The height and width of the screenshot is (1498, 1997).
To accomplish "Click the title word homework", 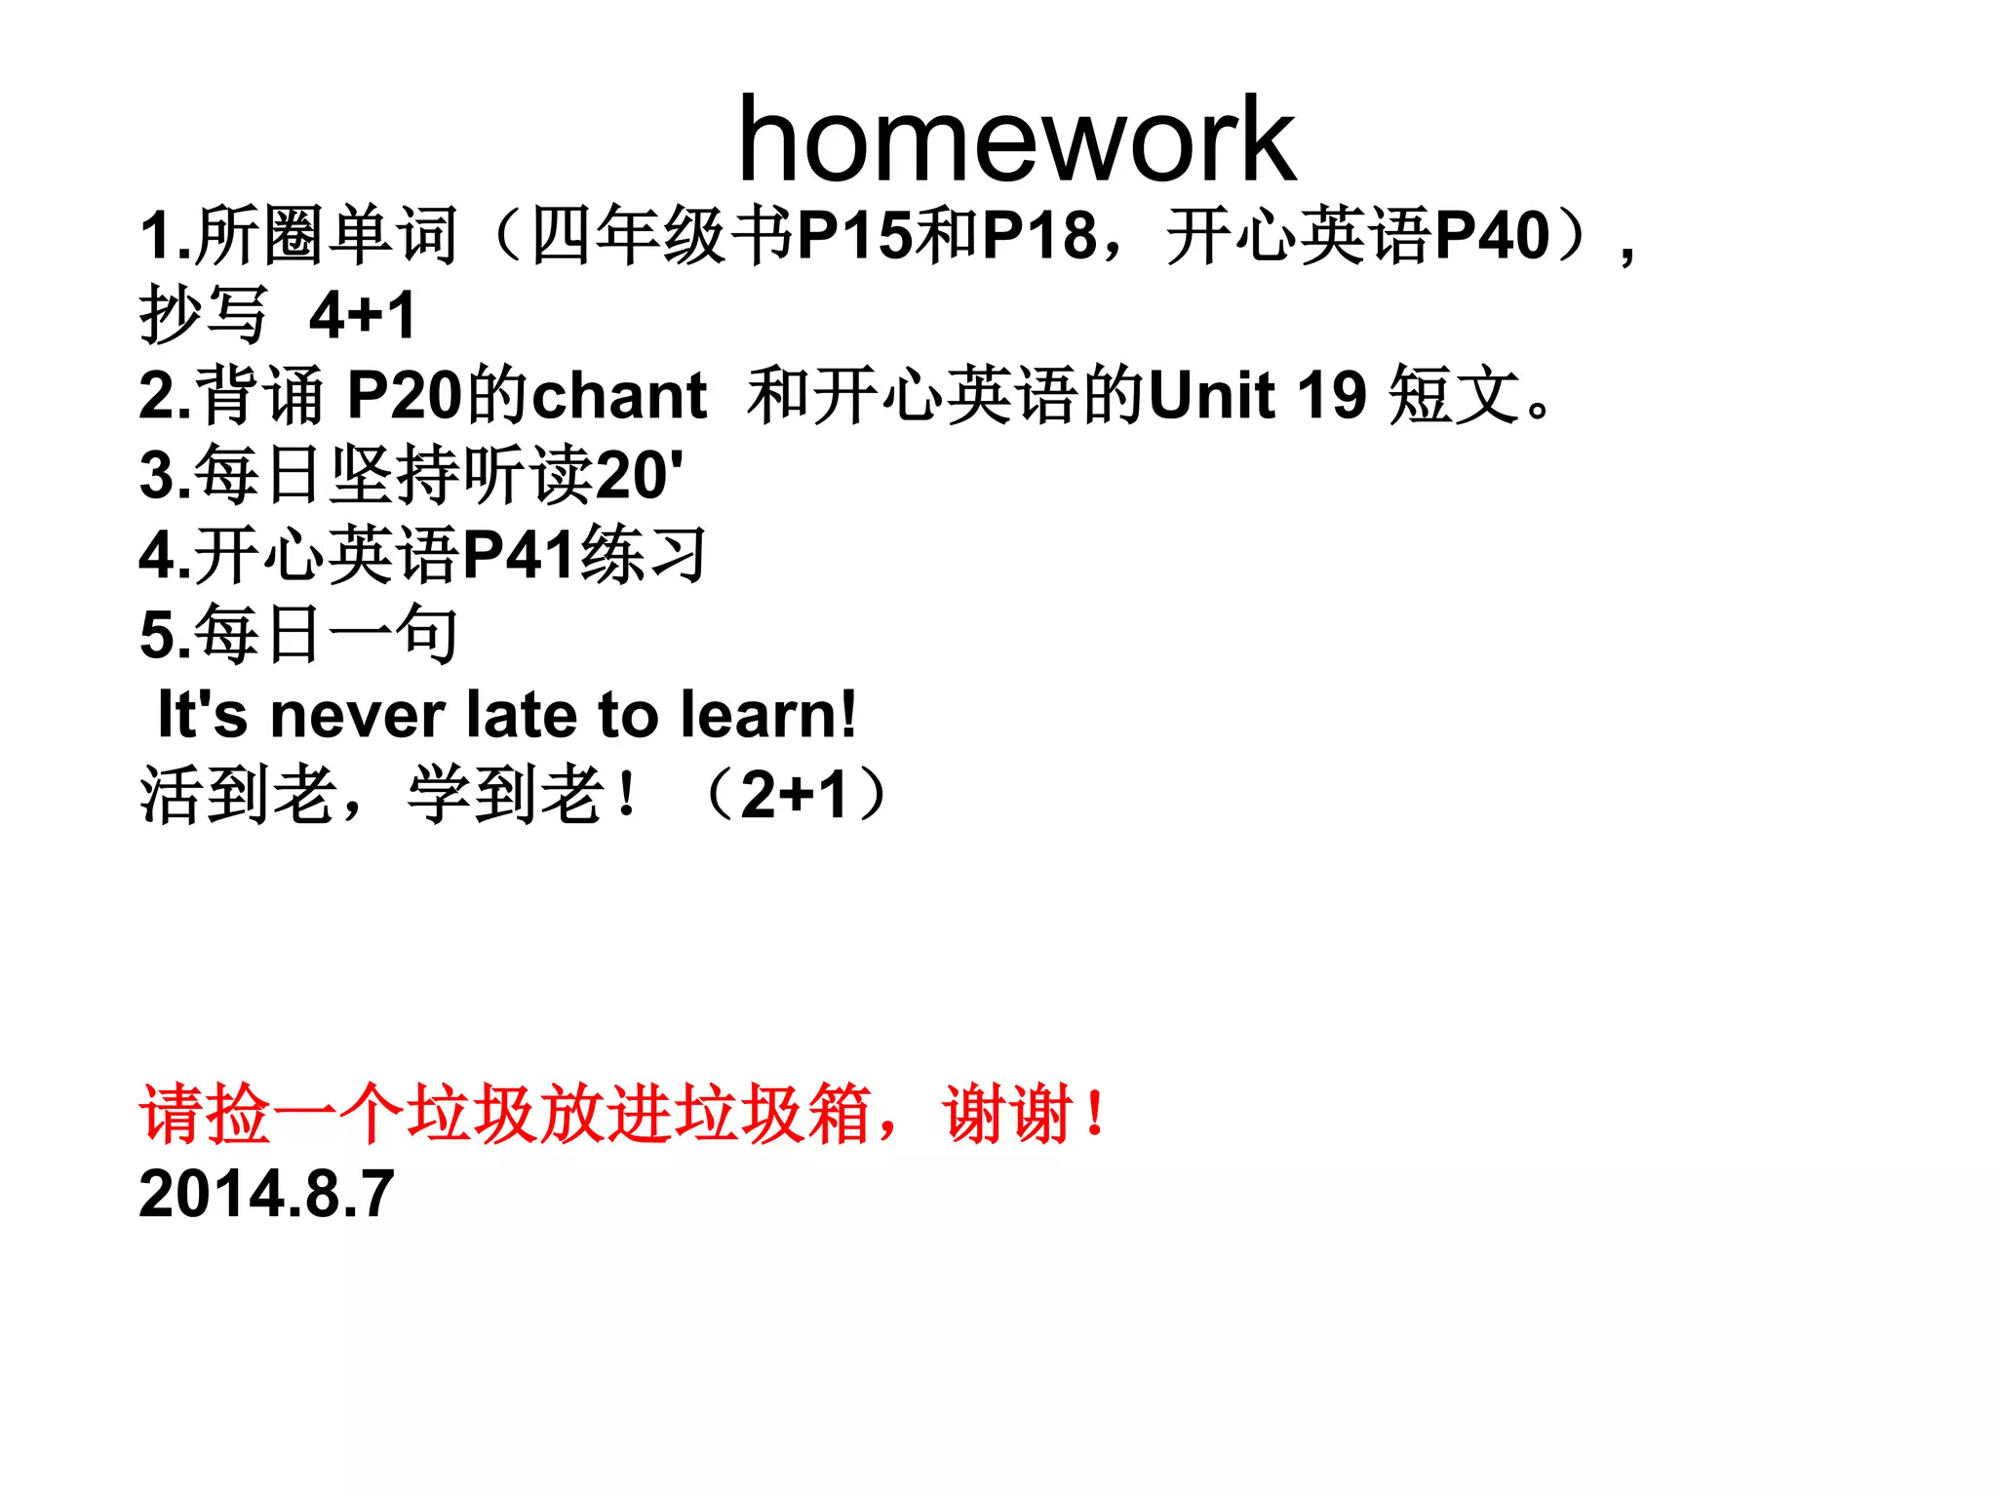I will point(1016,139).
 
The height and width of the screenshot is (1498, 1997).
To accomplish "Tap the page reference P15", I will point(854,236).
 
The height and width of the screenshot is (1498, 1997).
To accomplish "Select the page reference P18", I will point(1038,236).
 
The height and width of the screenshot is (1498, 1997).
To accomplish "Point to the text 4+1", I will point(363,316).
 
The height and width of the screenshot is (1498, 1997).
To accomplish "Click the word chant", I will point(619,396).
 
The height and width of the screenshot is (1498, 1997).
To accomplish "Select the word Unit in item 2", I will point(1212,396).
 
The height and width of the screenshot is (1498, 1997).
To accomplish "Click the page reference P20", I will point(405,396).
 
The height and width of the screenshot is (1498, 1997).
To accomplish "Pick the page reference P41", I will point(519,556).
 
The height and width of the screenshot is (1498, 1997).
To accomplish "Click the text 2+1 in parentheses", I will point(794,795).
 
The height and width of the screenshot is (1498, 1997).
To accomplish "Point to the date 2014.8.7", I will point(266,1194).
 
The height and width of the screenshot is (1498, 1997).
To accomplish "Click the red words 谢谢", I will point(1008,1114).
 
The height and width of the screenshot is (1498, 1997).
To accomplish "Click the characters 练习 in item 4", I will point(644,556).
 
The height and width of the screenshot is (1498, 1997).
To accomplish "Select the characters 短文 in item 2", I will point(1453,396).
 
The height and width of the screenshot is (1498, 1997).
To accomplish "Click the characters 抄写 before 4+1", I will point(203,316).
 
